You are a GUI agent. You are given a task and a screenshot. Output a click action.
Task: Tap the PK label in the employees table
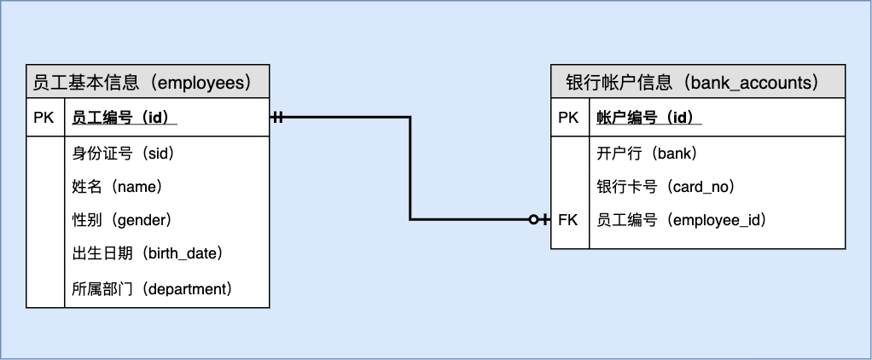click(44, 118)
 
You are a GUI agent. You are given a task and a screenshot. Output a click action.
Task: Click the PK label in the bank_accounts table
click(568, 118)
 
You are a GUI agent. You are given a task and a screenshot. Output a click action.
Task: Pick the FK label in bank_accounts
click(568, 220)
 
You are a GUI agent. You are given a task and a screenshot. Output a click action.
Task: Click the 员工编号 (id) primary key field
click(124, 118)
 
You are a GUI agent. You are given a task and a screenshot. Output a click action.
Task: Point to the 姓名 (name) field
click(118, 186)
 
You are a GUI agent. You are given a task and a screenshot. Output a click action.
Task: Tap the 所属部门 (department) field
click(152, 288)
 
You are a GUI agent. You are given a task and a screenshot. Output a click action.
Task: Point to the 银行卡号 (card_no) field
click(666, 186)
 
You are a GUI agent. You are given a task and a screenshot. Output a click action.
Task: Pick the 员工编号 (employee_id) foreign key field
click(682, 220)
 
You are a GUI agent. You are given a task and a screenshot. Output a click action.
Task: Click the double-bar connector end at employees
click(277, 117)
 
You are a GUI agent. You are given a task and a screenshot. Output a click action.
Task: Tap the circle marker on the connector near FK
click(533, 220)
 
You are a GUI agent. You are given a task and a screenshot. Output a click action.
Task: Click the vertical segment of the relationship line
click(410, 169)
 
